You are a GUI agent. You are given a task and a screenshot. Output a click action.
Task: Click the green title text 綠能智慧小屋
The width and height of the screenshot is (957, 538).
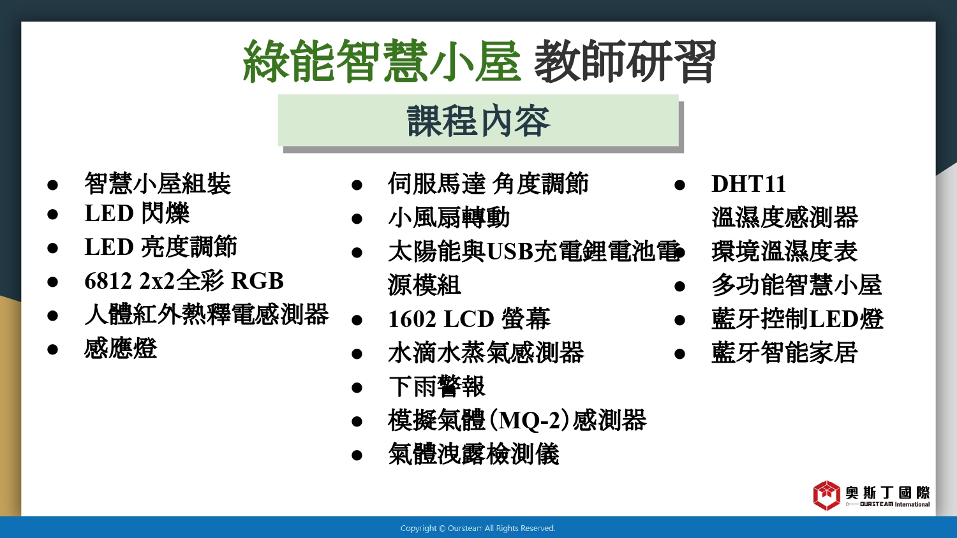coord(382,61)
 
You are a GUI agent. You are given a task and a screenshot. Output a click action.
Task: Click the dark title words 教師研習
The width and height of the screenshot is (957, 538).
coord(625,61)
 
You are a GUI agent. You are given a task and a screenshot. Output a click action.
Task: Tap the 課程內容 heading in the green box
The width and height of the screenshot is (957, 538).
coord(478,121)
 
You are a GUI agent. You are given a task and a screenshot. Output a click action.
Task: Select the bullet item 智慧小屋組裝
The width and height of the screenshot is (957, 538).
coord(158,184)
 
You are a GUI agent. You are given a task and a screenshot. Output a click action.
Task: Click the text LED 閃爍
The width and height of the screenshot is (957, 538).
coord(137,213)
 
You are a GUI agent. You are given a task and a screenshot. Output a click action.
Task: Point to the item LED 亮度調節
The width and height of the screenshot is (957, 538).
coord(160,247)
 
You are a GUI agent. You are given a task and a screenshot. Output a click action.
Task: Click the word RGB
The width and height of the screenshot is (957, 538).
coord(257,281)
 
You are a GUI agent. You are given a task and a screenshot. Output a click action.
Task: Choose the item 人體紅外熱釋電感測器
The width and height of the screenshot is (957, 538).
coord(206,315)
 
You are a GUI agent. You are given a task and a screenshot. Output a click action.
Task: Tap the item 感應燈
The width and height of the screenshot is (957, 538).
coord(121,349)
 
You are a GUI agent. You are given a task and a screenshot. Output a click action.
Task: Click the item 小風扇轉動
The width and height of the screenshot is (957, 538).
coord(449,218)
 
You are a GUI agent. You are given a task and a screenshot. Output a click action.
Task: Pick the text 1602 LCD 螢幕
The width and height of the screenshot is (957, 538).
coord(469,319)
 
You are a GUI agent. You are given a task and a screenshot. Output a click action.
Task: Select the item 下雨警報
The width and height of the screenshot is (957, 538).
coord(436,386)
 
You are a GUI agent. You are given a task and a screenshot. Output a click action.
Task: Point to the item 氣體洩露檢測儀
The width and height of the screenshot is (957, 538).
coord(473,454)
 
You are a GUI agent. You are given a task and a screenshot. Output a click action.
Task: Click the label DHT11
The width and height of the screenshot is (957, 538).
coord(748,184)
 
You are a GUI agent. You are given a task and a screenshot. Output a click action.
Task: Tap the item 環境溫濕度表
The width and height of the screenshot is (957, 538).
coord(784,251)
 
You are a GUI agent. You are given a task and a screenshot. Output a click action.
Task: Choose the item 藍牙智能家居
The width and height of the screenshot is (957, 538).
coord(784,353)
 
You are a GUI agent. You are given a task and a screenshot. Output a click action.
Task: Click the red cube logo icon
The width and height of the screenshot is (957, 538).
coord(827,495)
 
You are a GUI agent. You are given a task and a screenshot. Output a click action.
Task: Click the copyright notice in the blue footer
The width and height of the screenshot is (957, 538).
coord(478,528)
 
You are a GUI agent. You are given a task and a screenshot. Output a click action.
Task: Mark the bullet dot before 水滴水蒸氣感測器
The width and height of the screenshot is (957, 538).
coord(357,354)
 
